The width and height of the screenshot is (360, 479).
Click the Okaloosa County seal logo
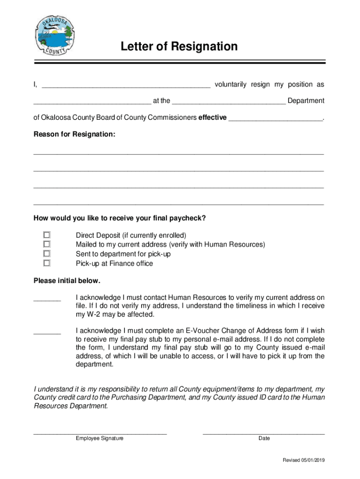coord(54,38)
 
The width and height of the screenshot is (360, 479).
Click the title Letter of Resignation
coord(179,46)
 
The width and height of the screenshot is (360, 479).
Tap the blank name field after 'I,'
coord(126,85)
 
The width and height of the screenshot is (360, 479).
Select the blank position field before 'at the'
coord(92,101)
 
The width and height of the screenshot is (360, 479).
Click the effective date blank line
coord(275,118)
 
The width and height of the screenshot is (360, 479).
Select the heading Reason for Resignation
coord(74,134)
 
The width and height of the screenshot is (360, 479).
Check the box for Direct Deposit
coord(47,235)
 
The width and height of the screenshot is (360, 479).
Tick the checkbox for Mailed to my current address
coord(47,244)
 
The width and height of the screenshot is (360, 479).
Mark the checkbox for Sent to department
coord(47,254)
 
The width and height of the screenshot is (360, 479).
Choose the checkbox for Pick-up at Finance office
coord(47,263)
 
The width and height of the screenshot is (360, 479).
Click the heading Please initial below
coord(67,281)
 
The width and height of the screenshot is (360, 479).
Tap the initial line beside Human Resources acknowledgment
coord(47,299)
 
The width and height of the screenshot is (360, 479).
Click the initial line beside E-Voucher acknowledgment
coord(47,332)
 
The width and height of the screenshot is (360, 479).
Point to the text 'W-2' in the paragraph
coord(93,314)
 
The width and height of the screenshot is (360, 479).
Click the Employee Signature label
coord(100,438)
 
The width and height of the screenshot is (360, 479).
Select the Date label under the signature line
coord(264,438)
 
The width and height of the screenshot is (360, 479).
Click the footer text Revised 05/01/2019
coord(303,460)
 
